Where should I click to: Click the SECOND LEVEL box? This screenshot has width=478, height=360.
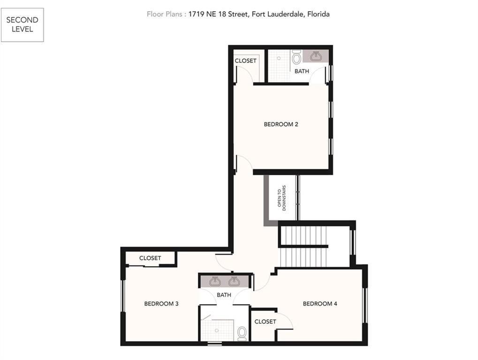(22, 25)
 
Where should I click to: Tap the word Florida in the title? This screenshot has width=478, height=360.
(318, 14)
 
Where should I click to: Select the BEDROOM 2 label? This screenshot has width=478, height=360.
(281, 124)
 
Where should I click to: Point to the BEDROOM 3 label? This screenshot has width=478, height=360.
(161, 304)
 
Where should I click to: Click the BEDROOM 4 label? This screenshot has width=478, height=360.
(320, 304)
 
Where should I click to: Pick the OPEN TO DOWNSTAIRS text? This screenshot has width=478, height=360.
(281, 198)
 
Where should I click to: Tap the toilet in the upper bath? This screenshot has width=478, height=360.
(296, 57)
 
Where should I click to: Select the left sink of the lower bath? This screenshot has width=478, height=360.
(215, 281)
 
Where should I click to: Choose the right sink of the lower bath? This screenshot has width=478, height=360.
(234, 281)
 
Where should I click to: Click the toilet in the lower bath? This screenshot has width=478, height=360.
(242, 334)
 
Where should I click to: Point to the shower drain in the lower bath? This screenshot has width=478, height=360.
(216, 330)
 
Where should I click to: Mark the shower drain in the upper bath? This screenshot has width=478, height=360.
(279, 58)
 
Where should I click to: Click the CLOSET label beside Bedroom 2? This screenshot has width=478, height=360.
(245, 61)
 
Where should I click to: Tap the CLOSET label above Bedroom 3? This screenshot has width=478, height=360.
(150, 258)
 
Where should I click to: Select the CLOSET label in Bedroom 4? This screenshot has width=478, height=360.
(265, 322)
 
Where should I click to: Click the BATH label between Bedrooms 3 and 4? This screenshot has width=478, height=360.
(224, 295)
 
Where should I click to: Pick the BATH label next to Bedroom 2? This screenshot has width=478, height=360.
(302, 71)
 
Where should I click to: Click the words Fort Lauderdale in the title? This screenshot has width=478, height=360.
(277, 14)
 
